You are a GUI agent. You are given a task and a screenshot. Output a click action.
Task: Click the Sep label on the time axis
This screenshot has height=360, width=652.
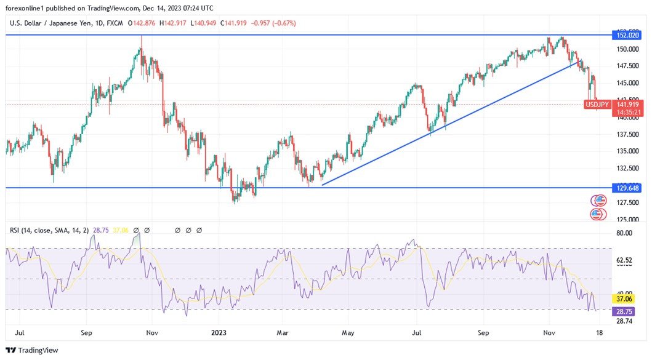point(86,333)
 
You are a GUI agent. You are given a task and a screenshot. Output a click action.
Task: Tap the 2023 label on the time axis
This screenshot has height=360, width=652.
point(219,333)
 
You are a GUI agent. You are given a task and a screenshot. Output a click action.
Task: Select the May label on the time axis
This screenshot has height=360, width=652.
point(348,333)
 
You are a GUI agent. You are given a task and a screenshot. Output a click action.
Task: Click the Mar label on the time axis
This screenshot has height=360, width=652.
point(283,333)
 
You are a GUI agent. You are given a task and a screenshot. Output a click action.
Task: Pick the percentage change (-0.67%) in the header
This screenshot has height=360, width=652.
point(282,23)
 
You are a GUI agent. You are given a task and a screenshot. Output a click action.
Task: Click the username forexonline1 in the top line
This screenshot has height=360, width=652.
point(27,8)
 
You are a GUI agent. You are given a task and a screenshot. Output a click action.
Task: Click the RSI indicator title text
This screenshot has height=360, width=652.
point(48,230)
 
